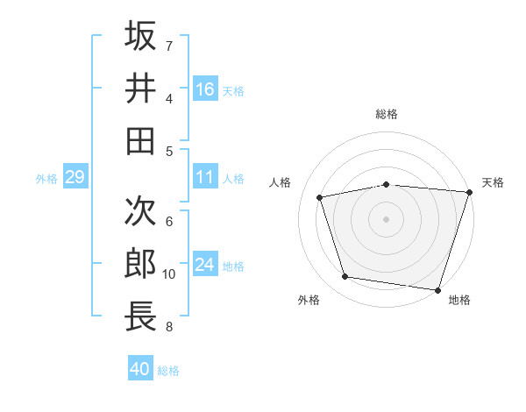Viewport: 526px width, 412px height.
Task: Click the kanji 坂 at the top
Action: click(x=141, y=36)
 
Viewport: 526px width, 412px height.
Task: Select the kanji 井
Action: click(x=141, y=89)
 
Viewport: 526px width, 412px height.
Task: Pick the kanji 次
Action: click(x=141, y=210)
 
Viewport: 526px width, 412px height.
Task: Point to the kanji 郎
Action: click(x=141, y=263)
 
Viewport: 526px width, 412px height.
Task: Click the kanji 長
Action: click(x=141, y=316)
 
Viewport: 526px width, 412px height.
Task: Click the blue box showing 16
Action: click(x=205, y=89)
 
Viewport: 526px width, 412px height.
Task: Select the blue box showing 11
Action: click(x=205, y=177)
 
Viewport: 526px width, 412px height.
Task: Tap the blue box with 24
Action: click(x=205, y=265)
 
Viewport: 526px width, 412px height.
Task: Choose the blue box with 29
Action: click(x=75, y=178)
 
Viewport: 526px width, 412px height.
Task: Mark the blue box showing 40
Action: click(x=140, y=369)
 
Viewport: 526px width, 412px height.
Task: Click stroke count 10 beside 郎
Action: click(x=169, y=274)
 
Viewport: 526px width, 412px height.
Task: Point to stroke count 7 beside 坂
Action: click(x=169, y=46)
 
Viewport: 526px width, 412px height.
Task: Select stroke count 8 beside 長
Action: click(x=169, y=327)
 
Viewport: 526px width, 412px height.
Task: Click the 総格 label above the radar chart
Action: click(x=387, y=114)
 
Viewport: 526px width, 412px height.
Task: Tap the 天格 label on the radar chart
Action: click(x=493, y=182)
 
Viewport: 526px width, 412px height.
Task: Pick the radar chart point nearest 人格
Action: click(x=320, y=197)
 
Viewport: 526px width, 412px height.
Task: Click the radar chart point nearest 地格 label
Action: click(x=438, y=289)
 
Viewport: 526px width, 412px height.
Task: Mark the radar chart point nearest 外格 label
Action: click(x=345, y=277)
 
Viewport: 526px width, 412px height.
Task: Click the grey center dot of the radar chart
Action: click(x=387, y=218)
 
